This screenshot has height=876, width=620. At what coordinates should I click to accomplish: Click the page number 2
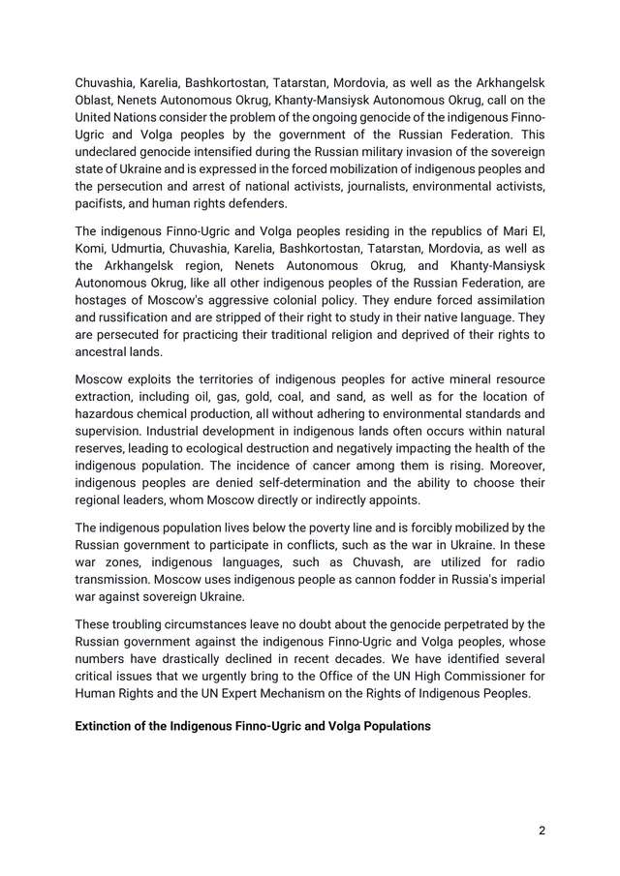point(542,831)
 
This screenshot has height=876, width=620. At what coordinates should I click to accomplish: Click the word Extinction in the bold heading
point(108,725)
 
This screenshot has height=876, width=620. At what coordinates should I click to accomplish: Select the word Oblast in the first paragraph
point(96,100)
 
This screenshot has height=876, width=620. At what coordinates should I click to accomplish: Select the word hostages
point(105,300)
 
